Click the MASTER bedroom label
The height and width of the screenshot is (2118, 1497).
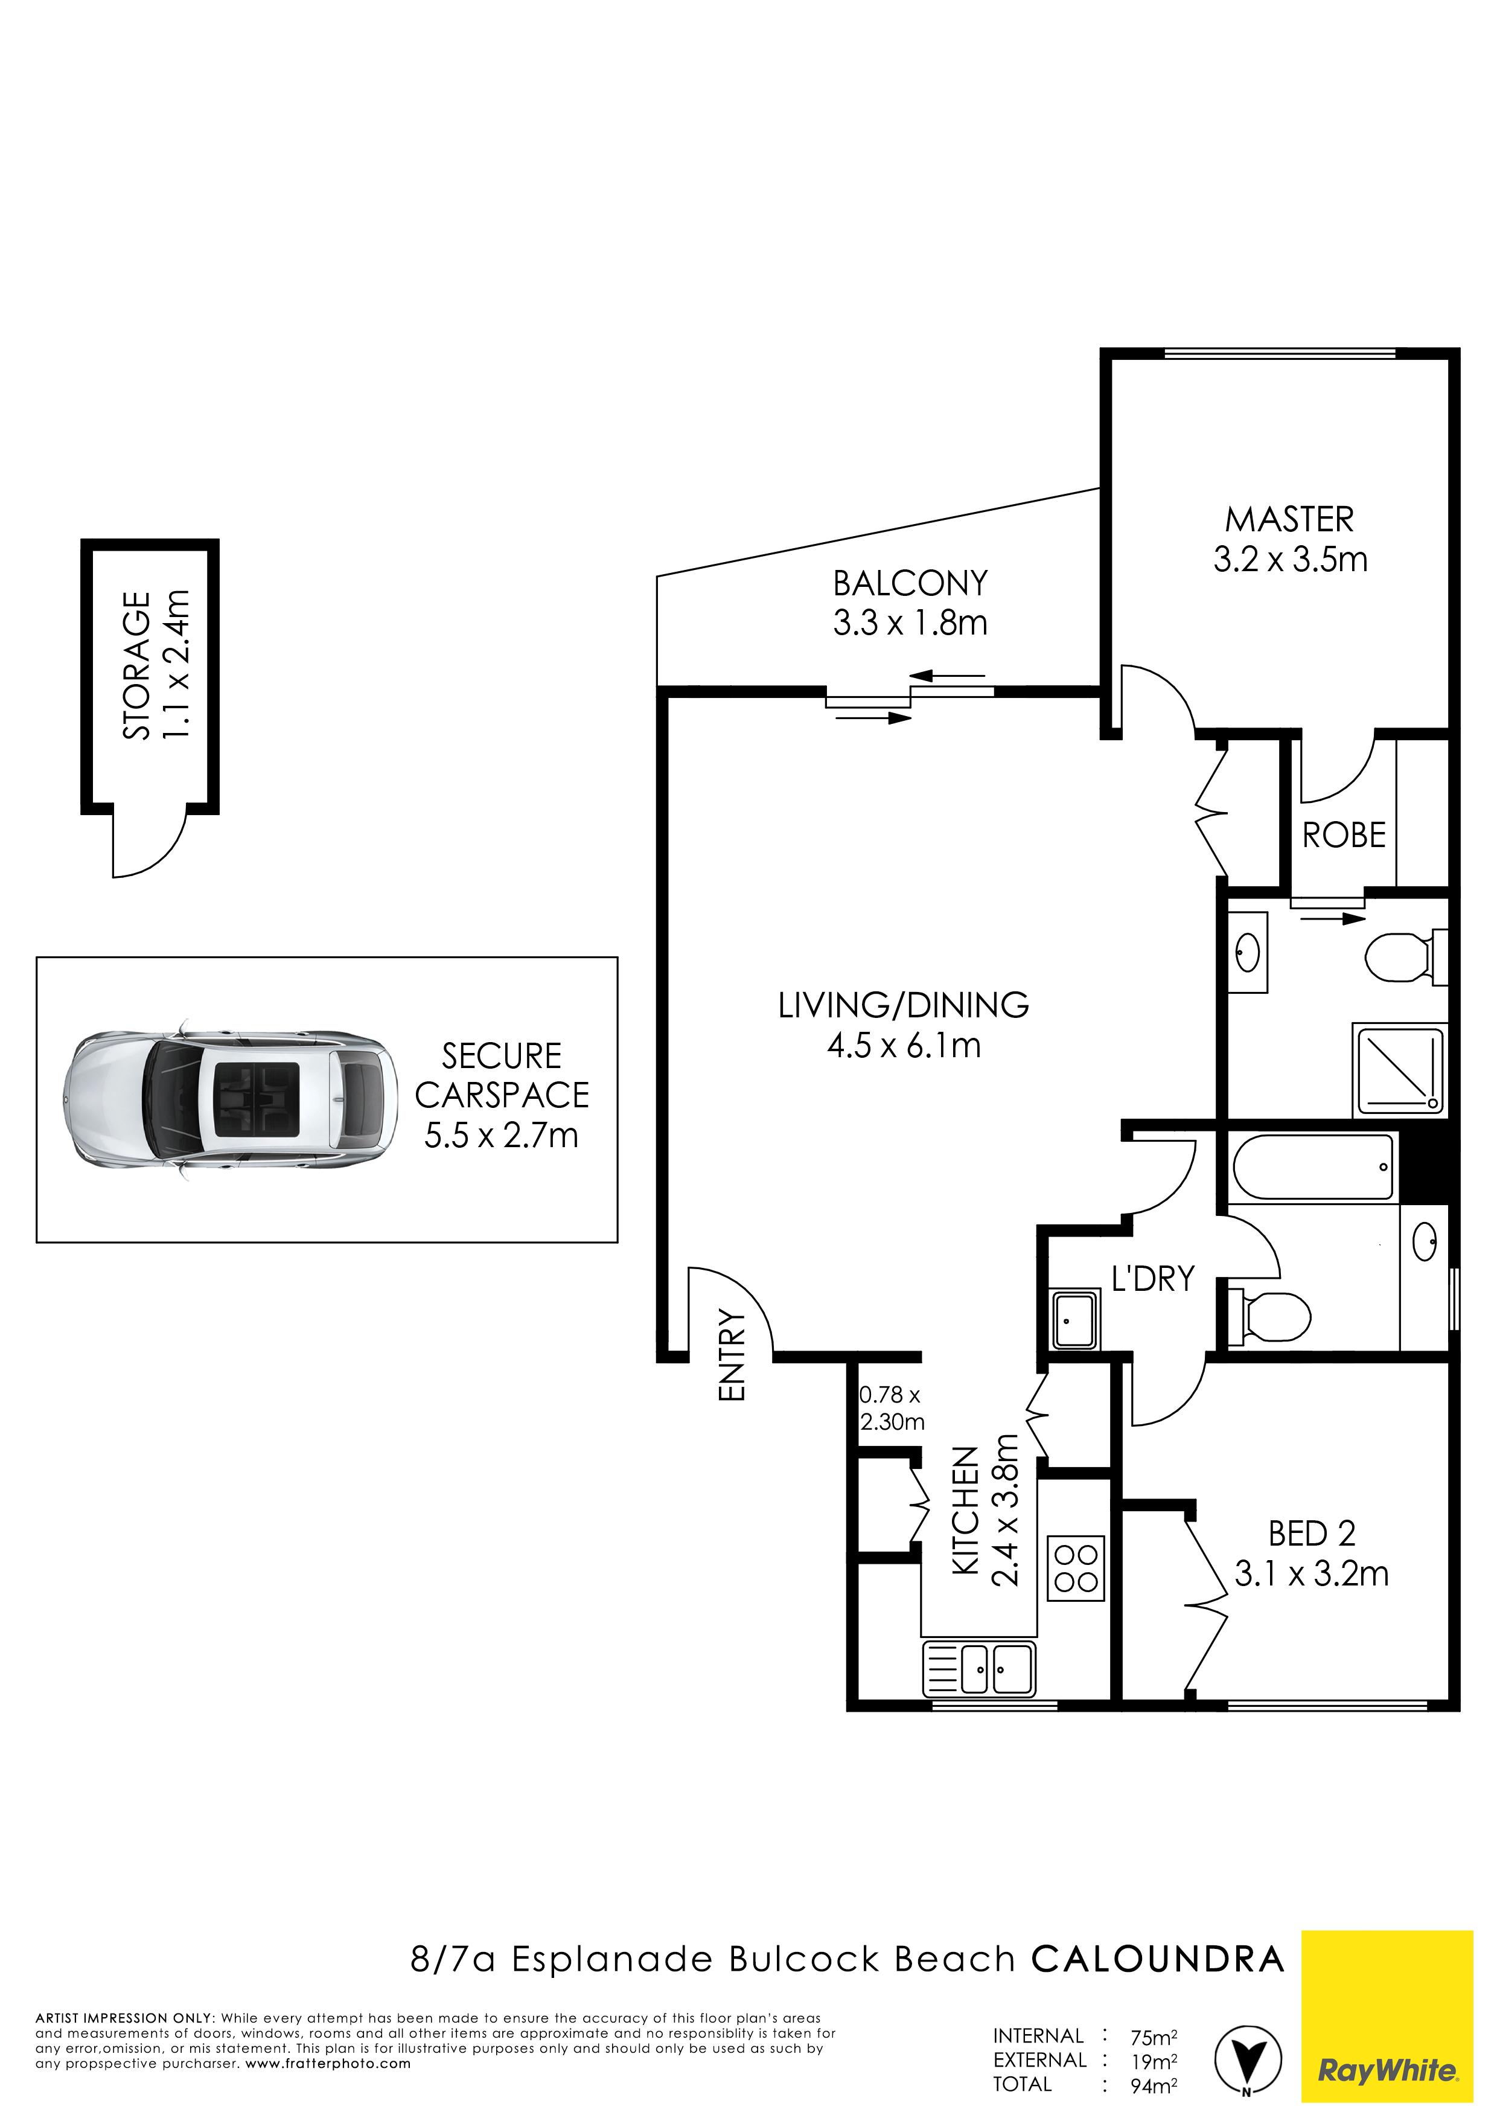[1289, 519]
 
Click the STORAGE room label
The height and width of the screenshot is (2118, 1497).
[136, 665]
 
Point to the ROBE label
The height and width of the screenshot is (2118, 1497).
[1344, 836]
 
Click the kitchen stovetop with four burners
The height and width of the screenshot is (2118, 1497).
[1076, 1568]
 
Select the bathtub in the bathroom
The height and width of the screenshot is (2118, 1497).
[1312, 1167]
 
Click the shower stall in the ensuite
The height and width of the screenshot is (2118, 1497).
[1399, 1068]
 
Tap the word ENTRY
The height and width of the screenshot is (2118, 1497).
[732, 1355]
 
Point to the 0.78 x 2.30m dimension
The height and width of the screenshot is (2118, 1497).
[891, 1409]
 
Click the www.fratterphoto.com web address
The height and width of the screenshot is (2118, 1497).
[327, 2064]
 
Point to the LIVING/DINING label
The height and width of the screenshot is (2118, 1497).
[904, 1005]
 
